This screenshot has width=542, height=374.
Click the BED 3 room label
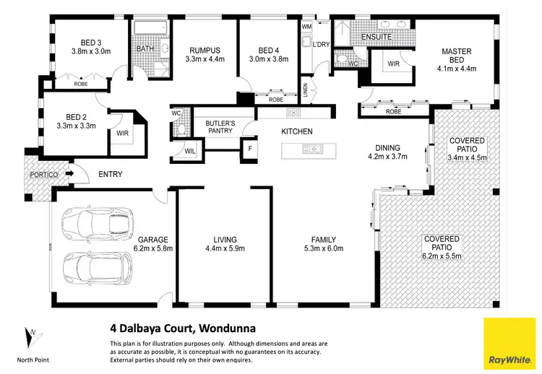click(x=91, y=46)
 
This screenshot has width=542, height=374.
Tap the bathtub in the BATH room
click(x=150, y=30)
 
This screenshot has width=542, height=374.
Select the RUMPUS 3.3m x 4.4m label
click(x=205, y=54)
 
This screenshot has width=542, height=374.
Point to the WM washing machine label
click(x=306, y=27)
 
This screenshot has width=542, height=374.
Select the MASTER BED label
click(x=457, y=56)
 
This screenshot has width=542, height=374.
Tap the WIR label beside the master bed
click(x=394, y=63)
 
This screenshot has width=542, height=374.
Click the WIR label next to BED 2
click(x=122, y=133)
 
